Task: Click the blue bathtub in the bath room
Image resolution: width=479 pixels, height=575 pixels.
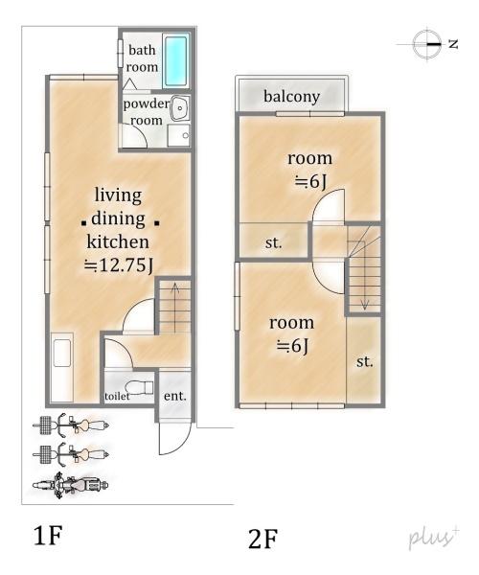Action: pos(175,60)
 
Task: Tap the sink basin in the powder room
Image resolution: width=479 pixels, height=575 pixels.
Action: pos(179,108)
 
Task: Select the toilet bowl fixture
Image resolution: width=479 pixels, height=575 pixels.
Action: pos(139,387)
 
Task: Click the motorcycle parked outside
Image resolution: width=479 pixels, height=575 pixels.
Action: pos(70,486)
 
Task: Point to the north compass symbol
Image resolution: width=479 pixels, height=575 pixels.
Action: pos(427,44)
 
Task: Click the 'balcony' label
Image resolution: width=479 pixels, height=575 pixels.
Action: pos(292,97)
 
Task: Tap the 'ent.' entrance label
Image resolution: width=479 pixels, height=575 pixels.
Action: pos(175,396)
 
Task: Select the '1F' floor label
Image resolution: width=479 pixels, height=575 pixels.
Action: pos(48,536)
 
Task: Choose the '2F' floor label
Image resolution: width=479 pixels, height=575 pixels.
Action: pos(262,539)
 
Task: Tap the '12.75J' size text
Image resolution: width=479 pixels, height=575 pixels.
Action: pos(119,265)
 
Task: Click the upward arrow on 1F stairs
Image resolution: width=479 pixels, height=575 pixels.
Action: pos(175,308)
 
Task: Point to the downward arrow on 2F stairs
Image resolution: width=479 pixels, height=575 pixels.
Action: pos(364,274)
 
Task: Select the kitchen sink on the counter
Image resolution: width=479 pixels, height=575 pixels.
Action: pos(62,353)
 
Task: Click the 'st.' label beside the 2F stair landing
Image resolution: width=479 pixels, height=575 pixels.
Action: pos(273,242)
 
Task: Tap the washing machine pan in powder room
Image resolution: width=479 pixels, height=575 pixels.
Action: pos(178,135)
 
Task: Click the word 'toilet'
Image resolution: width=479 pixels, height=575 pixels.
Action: pos(117,396)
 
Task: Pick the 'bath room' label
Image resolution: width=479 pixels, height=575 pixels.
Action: pos(142,58)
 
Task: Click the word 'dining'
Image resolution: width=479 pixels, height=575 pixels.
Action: pos(118,218)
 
